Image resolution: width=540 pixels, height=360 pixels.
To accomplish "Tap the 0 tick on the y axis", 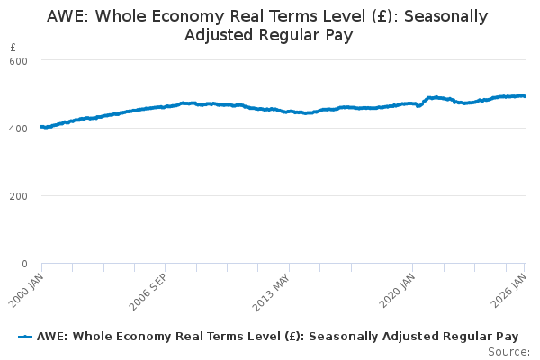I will pos(25,264).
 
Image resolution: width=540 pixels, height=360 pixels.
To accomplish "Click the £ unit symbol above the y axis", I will pos(13,47).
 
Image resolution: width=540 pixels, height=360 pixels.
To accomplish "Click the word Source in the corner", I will pos(508,351).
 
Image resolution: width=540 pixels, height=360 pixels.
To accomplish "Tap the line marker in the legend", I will pos(25,336).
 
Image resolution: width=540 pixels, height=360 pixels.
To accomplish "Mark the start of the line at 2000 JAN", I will pos(41,127).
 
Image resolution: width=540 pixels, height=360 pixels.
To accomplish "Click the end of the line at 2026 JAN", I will pos(526,96).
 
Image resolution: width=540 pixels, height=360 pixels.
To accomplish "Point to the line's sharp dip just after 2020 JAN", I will pos(418,106).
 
